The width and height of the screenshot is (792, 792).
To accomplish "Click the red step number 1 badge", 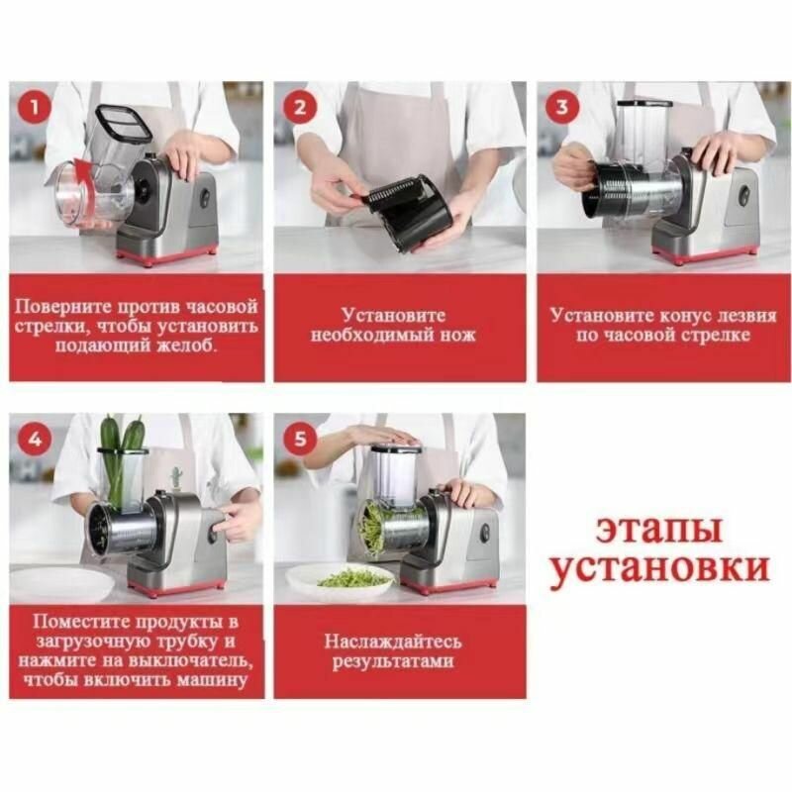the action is (x=35, y=107).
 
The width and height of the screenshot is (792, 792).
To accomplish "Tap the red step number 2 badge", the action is (x=300, y=107).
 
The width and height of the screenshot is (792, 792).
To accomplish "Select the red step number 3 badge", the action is (x=562, y=107).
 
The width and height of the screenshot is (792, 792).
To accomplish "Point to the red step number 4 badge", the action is (x=35, y=439).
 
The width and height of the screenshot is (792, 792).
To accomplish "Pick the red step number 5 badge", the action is (x=300, y=439).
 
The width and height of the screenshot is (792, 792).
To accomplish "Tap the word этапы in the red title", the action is (x=659, y=530).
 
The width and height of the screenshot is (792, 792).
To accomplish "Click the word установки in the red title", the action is (x=659, y=568).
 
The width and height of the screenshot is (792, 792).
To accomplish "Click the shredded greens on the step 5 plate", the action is (x=353, y=577).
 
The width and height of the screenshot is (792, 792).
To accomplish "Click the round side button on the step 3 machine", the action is (x=744, y=197).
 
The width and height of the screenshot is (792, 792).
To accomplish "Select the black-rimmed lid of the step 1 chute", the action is (x=124, y=122).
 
